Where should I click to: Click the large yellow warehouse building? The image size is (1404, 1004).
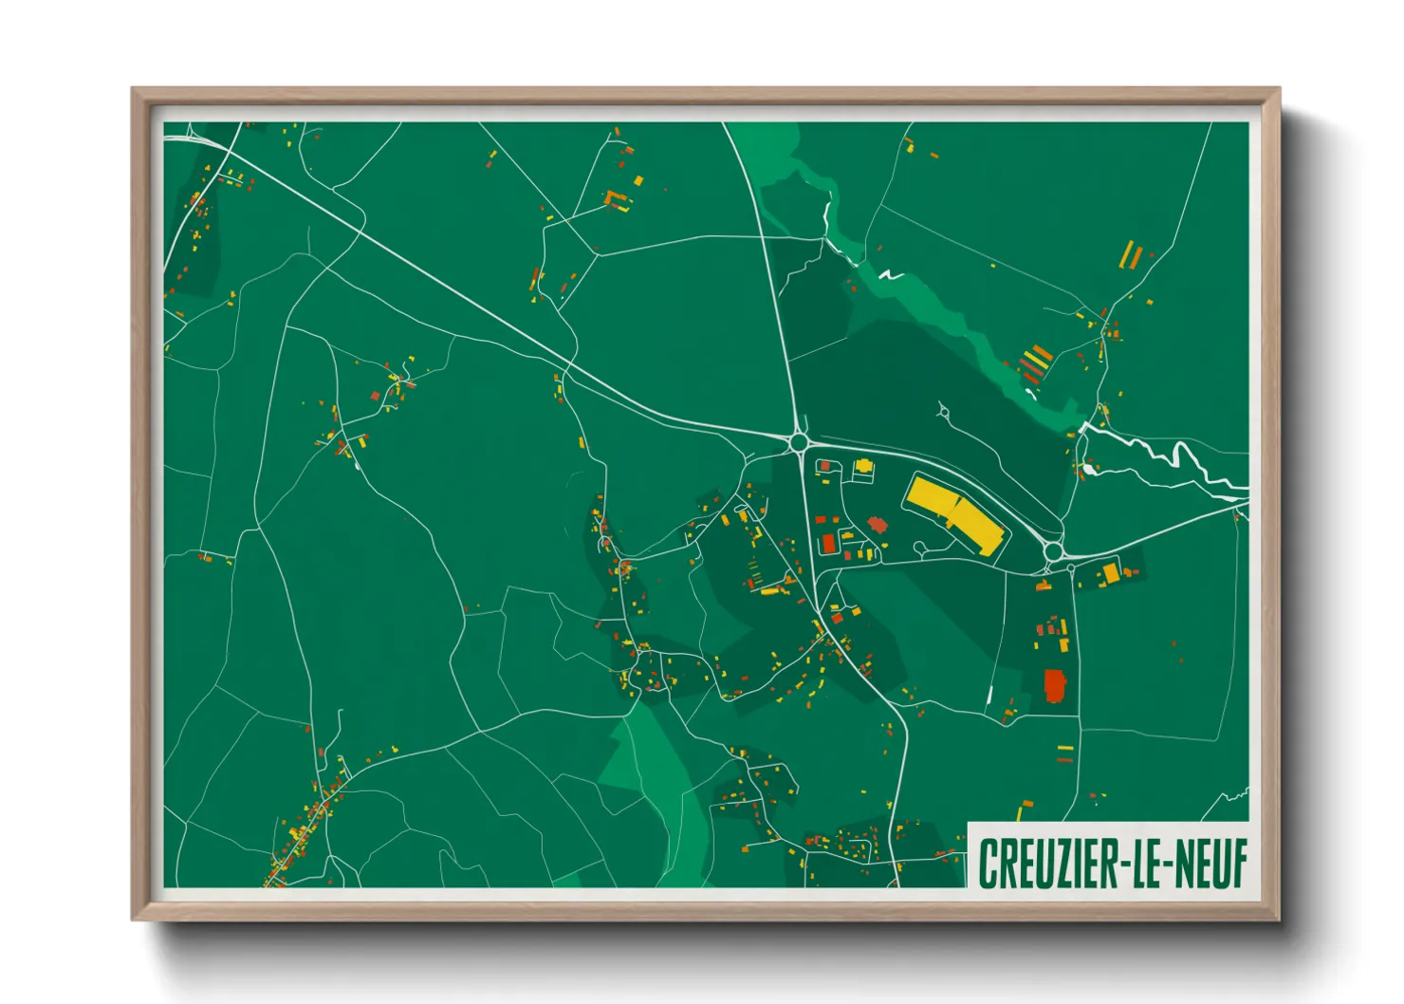tap(954, 514)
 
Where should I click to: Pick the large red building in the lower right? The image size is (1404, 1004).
tap(1054, 685)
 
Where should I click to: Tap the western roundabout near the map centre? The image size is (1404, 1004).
tap(799, 441)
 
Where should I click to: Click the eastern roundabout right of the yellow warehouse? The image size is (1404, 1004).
tap(1052, 550)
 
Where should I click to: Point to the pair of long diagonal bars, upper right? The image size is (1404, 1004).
tap(1131, 255)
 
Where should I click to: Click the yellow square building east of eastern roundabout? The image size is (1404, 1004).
tap(1111, 572)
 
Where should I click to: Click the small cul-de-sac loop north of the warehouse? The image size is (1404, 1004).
tap(943, 411)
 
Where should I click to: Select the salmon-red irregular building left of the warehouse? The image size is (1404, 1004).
tap(876, 524)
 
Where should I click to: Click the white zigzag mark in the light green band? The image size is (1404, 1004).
tap(890, 276)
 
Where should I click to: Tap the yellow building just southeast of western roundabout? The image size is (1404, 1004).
tap(863, 466)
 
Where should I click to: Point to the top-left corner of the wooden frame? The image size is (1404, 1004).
tap(134, 90)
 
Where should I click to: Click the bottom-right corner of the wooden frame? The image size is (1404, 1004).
tap(1278, 918)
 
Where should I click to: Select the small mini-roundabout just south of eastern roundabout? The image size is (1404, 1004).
tap(1072, 568)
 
